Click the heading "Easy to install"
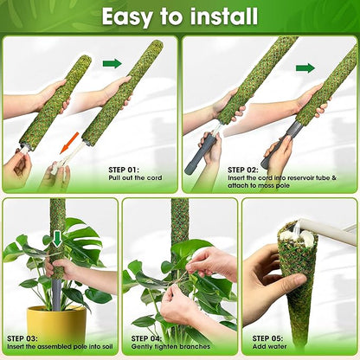(x=179, y=16)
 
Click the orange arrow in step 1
(x=72, y=140)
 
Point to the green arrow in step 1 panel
(x=112, y=63)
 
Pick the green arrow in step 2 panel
(x=305, y=67)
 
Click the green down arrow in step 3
(x=57, y=238)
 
